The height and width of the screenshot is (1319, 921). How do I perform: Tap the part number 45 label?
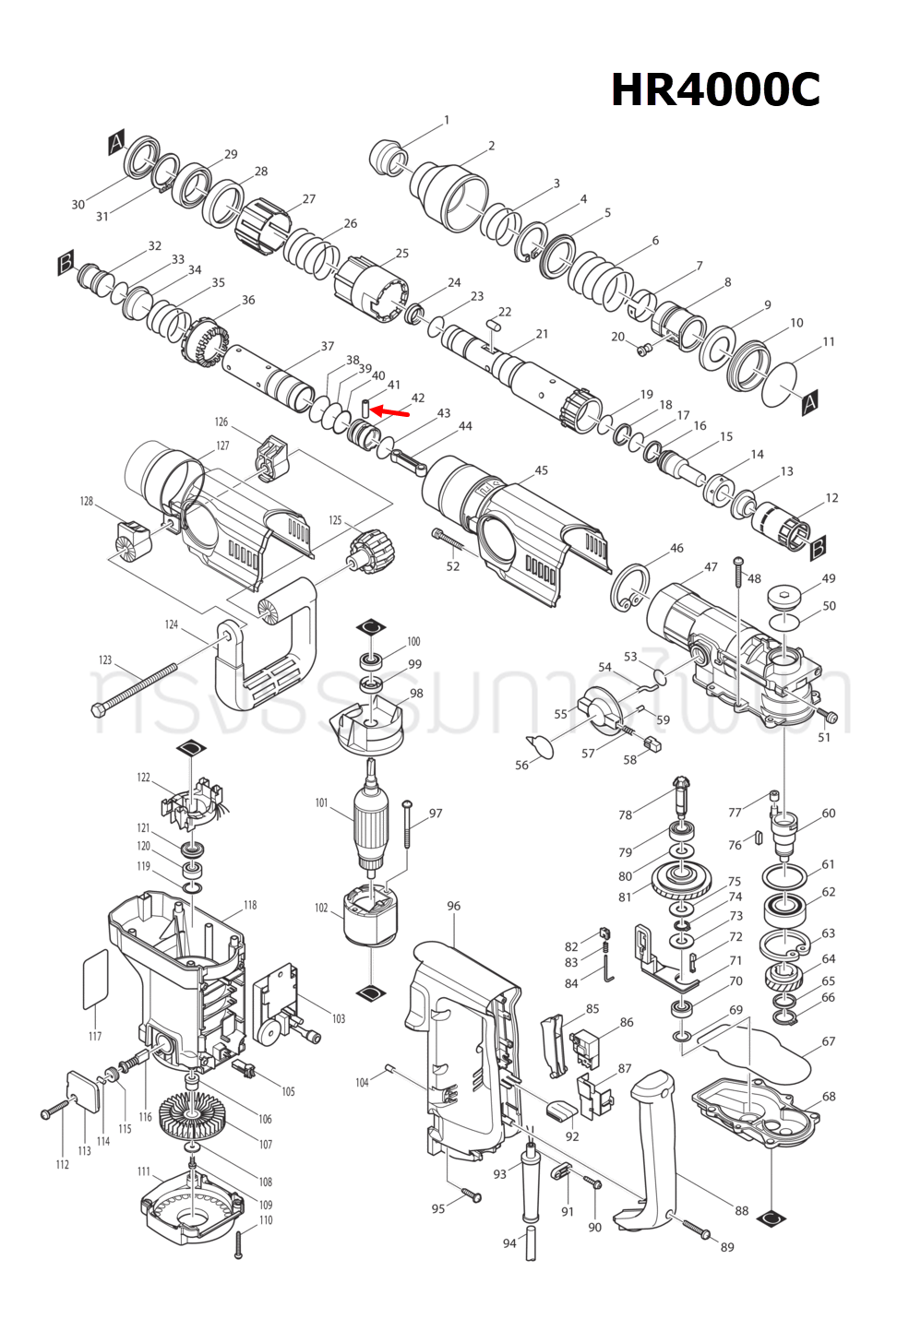coord(541,470)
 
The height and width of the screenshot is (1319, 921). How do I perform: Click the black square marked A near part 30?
coord(116,143)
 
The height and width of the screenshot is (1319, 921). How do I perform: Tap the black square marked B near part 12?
coord(817,550)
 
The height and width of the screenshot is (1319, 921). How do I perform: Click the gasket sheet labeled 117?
coord(96,980)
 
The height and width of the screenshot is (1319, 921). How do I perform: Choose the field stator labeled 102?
coord(370,913)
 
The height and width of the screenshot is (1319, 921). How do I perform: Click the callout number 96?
coord(453,906)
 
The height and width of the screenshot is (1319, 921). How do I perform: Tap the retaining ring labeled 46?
coord(631,588)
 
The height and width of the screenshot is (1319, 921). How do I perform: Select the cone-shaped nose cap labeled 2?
coord(449,193)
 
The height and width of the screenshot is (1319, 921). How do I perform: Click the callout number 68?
coord(829,1096)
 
